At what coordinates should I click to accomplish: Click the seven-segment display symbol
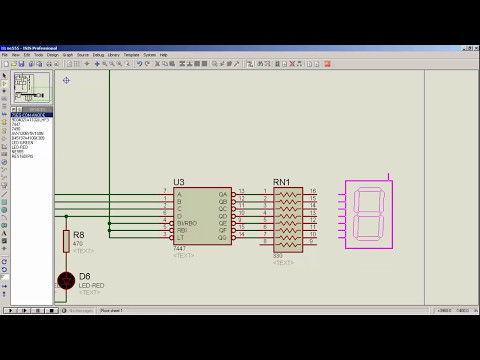pos(369,215)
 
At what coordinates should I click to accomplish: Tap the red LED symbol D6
pos(66,280)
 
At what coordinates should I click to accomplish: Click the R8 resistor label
pos(79,235)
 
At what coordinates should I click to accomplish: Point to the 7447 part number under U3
pos(179,248)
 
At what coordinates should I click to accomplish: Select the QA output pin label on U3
pos(224,191)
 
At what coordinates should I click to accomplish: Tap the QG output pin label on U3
pos(224,238)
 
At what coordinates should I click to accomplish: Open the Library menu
pos(112,55)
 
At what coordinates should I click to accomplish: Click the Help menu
pos(164,55)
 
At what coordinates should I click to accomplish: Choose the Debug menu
pos(98,55)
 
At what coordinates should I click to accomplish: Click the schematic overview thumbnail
pos(31,87)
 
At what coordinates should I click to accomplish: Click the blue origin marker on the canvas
pos(66,80)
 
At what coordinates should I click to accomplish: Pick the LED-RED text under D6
pos(91,285)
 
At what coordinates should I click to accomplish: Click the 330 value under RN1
pos(279,256)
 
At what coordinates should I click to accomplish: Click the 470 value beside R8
pos(78,243)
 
